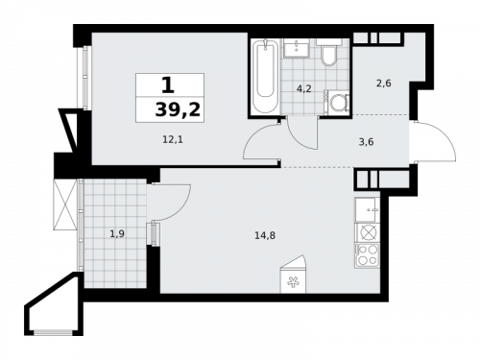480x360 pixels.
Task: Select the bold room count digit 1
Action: tap(168, 85)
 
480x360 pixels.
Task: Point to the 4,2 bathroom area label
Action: tap(302, 88)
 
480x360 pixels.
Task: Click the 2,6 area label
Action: tap(382, 84)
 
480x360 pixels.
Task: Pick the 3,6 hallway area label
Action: tap(365, 141)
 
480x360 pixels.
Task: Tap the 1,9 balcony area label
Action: tap(116, 233)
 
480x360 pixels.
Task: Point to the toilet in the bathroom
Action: tap(328, 54)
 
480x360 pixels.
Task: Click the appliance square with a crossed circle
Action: tap(368, 232)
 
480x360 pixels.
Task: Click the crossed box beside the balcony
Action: tap(66, 204)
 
